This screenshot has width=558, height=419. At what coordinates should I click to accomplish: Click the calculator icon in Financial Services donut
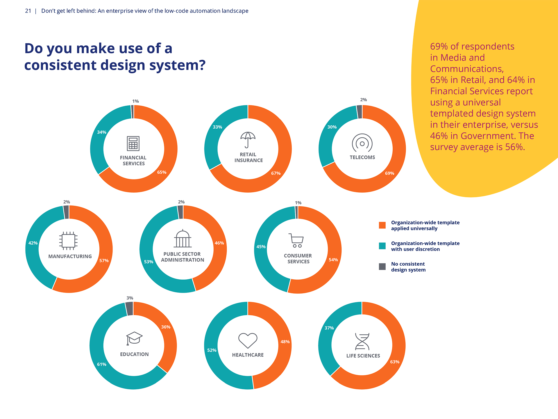click(x=133, y=143)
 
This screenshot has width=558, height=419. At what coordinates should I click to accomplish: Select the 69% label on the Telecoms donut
click(x=389, y=173)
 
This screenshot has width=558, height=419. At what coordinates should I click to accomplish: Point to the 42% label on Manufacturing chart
click(x=33, y=243)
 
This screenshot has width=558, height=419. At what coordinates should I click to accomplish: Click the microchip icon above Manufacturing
click(x=68, y=241)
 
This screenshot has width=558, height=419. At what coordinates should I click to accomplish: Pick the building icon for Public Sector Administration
click(x=183, y=239)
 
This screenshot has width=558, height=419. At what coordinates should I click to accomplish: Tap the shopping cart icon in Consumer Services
click(x=296, y=240)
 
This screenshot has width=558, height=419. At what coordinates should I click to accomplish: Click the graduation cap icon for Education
click(x=134, y=338)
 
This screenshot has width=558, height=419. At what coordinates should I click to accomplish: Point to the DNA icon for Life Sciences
click(x=362, y=341)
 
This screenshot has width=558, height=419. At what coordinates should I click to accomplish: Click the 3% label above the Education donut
click(x=130, y=298)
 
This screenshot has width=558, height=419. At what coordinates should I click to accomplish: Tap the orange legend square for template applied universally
click(x=382, y=225)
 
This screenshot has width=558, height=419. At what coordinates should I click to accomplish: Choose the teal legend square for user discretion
click(x=382, y=246)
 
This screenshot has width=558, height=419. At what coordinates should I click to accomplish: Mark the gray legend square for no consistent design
click(x=382, y=267)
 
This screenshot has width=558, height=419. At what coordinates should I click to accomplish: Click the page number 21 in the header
click(x=28, y=11)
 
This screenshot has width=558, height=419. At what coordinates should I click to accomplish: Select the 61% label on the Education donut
click(x=101, y=364)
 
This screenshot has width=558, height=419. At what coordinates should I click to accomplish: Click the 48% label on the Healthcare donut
click(x=285, y=342)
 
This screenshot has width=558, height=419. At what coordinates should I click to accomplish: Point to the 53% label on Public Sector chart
click(x=149, y=262)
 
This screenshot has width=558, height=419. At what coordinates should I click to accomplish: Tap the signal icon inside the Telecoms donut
click(x=362, y=143)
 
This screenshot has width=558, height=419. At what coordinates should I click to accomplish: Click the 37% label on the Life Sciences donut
click(x=329, y=328)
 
